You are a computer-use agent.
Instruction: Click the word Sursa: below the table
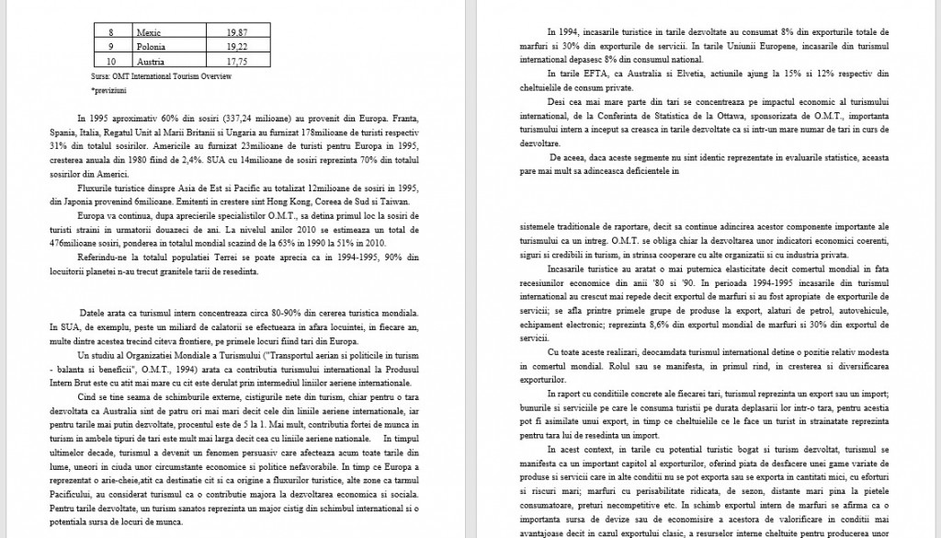tap(102, 76)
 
